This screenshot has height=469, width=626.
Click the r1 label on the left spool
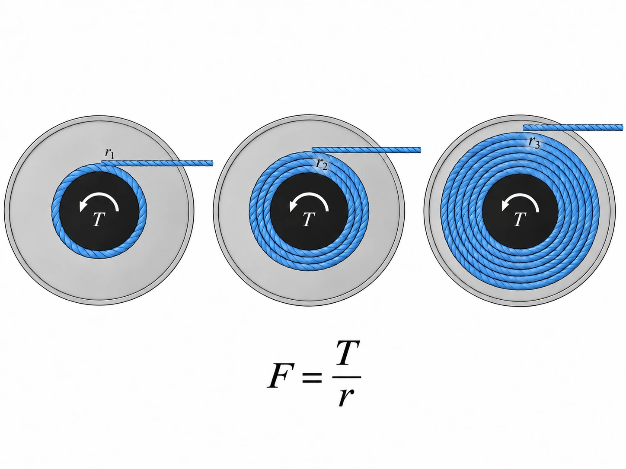109,153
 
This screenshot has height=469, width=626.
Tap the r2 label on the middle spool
322,164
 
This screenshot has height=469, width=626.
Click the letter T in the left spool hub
99,219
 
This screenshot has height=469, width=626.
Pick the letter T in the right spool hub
520,219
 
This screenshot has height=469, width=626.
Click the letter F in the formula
279,376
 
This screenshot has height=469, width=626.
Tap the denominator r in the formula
346,397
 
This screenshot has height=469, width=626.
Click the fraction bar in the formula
347,377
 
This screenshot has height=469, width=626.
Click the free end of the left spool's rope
212,163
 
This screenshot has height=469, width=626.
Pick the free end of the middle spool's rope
420,150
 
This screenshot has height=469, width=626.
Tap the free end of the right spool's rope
622,127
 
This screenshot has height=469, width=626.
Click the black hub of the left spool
99,211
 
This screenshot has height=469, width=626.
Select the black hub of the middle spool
309,211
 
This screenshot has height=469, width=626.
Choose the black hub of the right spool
520,212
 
